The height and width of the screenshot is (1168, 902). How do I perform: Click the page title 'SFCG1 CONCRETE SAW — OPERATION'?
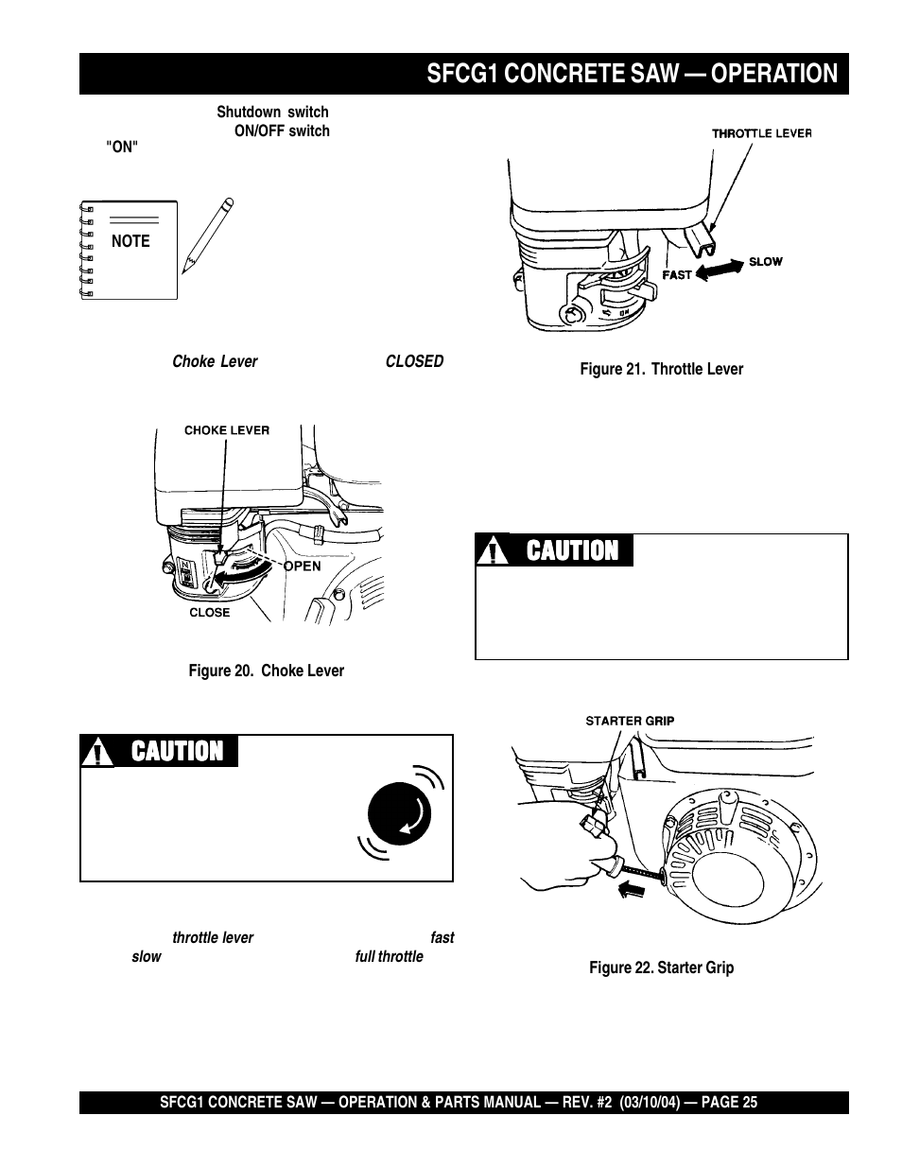click(x=632, y=74)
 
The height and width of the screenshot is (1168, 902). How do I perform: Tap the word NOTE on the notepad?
click(x=130, y=241)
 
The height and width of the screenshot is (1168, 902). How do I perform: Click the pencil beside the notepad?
click(x=209, y=235)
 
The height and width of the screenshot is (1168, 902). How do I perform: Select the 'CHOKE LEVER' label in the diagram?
click(x=226, y=430)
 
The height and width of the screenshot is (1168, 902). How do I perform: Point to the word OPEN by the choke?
click(x=303, y=567)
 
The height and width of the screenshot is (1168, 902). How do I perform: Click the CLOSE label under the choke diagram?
click(x=209, y=612)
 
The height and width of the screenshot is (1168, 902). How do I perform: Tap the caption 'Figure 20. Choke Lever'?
click(x=266, y=671)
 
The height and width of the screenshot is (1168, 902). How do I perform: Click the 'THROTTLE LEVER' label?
click(x=761, y=133)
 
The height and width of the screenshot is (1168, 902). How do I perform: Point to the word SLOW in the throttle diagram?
click(x=766, y=261)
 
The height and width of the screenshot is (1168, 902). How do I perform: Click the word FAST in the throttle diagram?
click(x=676, y=275)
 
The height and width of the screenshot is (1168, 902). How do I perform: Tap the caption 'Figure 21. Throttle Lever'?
click(x=661, y=369)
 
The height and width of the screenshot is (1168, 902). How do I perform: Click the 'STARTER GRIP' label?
click(x=630, y=721)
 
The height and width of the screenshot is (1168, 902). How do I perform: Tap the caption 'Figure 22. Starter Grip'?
click(x=661, y=968)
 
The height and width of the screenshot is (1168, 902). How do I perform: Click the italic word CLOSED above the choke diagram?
click(x=414, y=362)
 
